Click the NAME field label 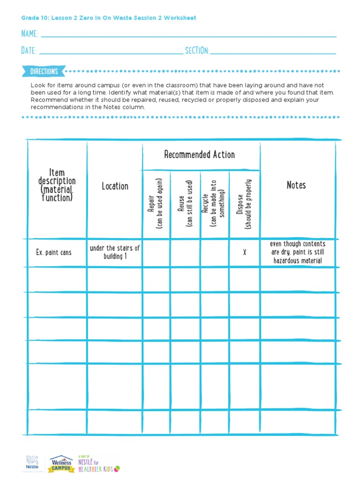click(x=30, y=34)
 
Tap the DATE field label click(x=29, y=51)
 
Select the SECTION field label click(x=197, y=51)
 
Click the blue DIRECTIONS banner click(x=44, y=72)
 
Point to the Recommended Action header click(x=200, y=155)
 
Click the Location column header click(x=115, y=186)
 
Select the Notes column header click(x=296, y=185)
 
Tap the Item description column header click(x=57, y=185)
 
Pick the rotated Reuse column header click(x=185, y=203)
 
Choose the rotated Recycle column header click(x=214, y=203)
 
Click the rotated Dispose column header click(x=244, y=203)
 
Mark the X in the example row click(x=244, y=253)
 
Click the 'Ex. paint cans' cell click(x=54, y=253)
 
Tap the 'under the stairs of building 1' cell click(x=115, y=252)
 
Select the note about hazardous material click(x=298, y=252)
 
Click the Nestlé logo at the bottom click(x=32, y=463)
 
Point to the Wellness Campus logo click(x=62, y=463)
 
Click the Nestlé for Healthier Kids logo click(x=98, y=463)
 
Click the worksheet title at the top click(x=109, y=18)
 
